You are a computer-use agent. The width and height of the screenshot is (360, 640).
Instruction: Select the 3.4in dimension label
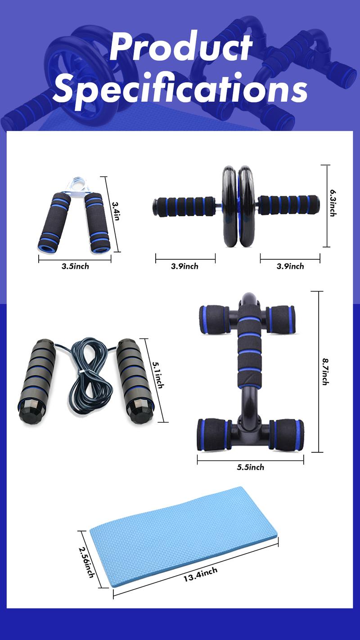pos(116,211)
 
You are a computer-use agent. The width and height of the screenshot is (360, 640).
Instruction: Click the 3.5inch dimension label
pos(76,266)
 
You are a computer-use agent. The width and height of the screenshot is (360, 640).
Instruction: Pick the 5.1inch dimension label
pos(158,375)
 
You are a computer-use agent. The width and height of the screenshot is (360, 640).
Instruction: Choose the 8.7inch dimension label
pos(326,372)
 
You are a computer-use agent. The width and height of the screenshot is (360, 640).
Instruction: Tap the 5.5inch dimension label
pos(251,468)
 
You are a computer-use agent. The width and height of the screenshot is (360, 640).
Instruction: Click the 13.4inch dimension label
pos(201,575)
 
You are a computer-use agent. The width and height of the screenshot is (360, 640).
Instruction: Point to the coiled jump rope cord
pos(88,375)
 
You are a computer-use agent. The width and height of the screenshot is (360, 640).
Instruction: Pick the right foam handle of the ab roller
pos(288,205)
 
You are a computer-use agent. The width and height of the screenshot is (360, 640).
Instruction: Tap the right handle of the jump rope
pos(135,382)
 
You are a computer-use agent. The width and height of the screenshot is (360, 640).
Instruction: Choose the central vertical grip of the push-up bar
pos(249,350)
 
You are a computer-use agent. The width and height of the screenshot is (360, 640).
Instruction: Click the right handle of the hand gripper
pos(98,223)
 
